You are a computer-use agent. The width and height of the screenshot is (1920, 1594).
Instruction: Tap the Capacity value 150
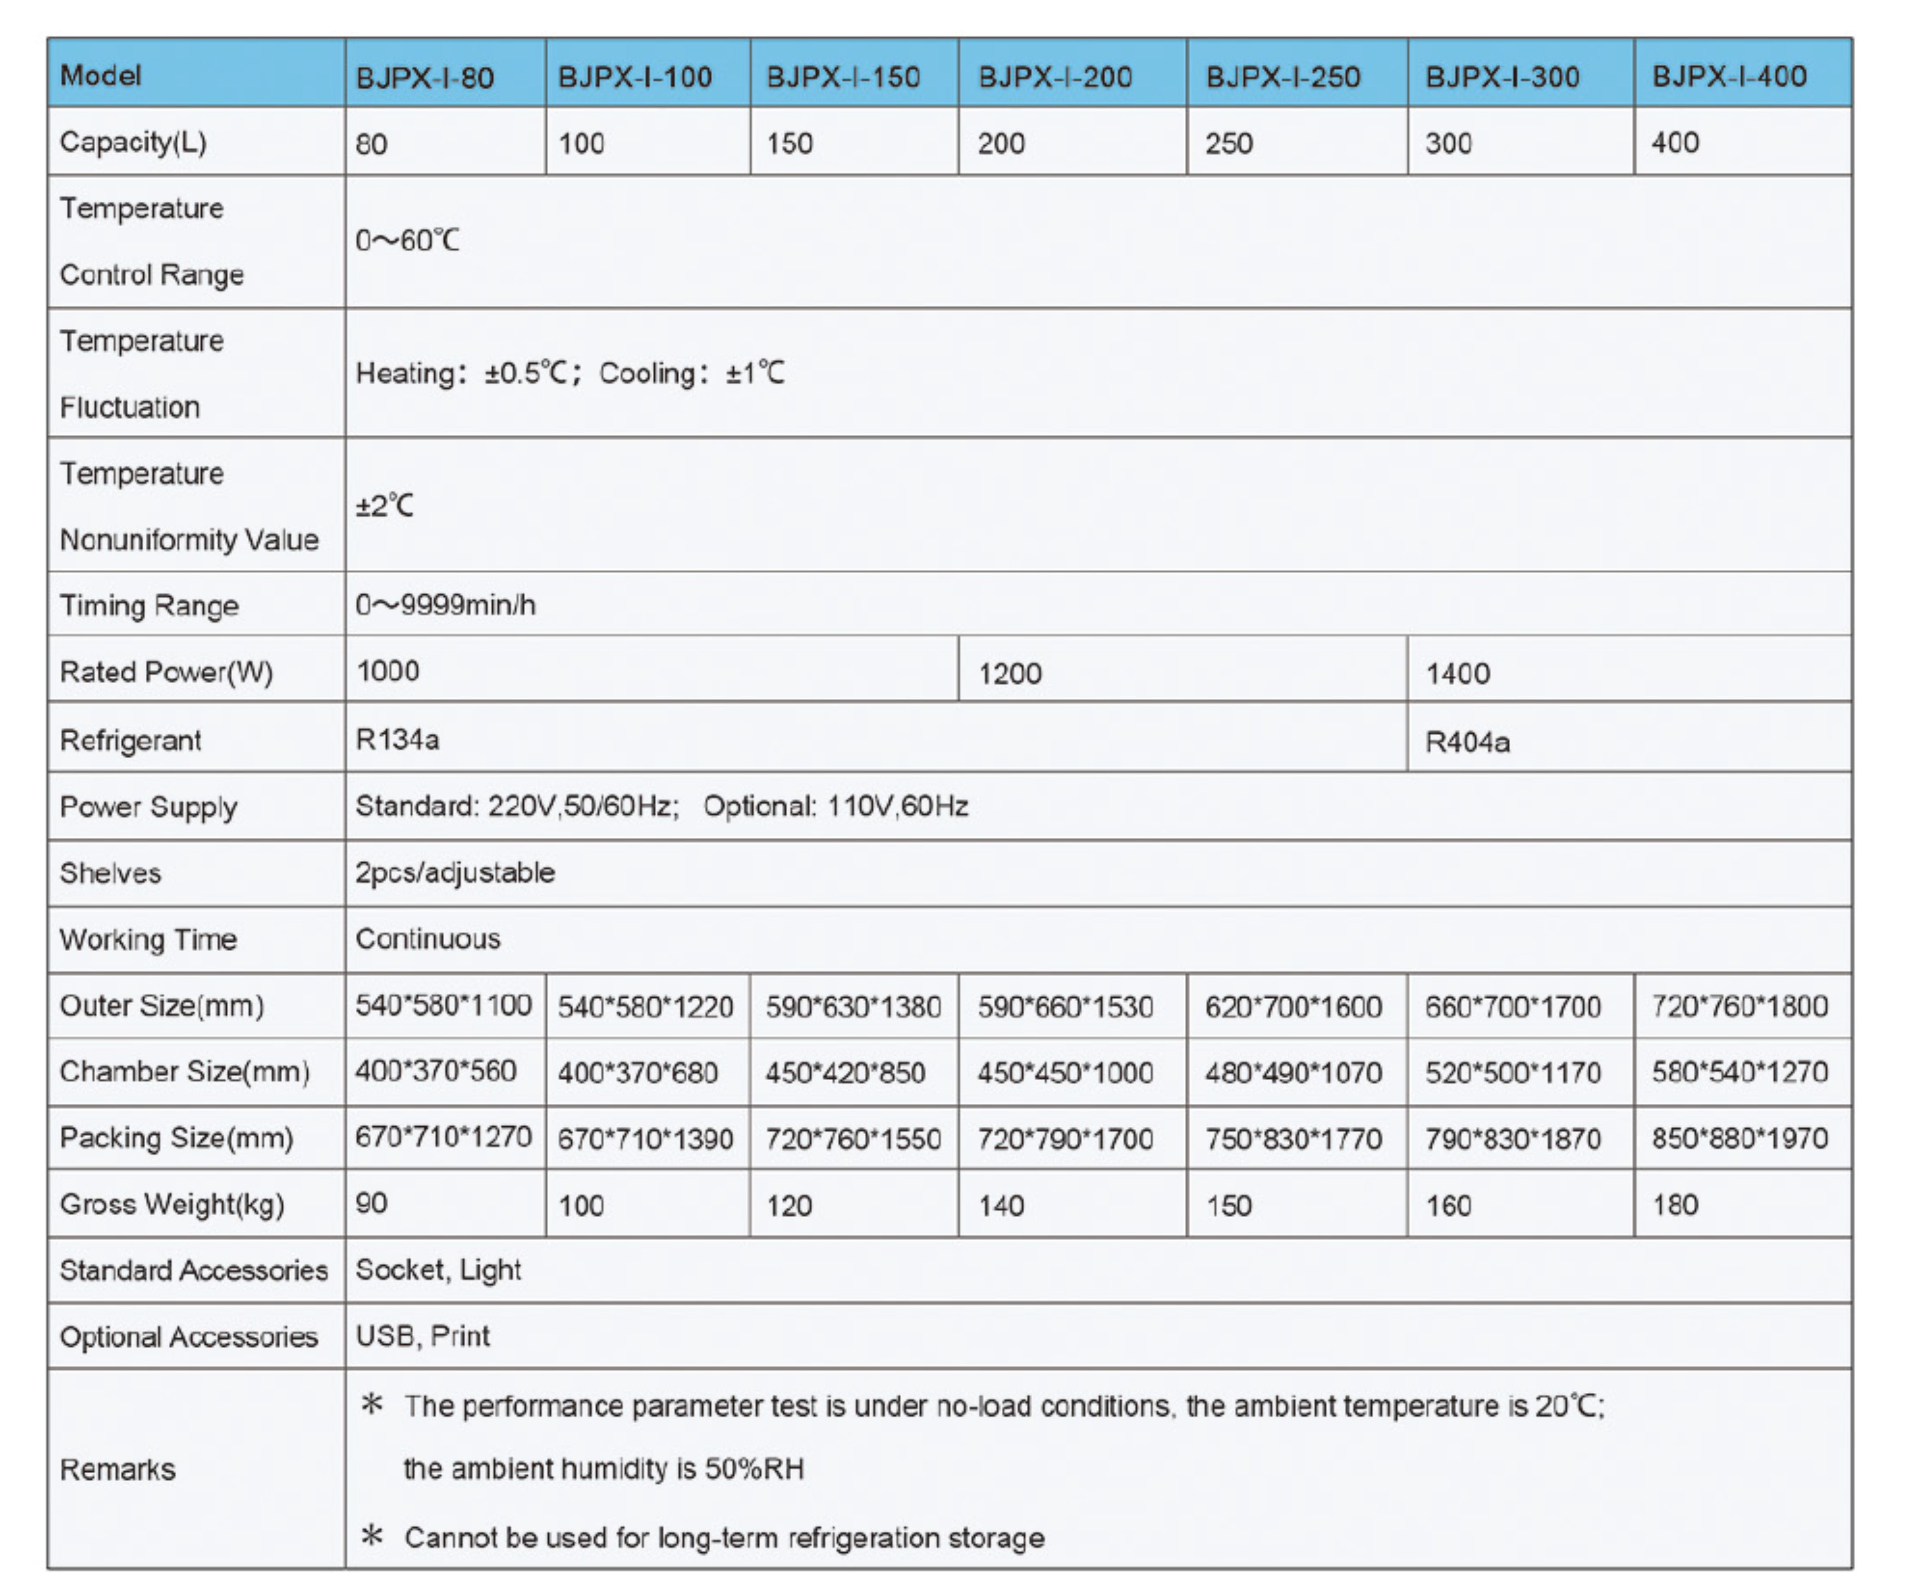(x=789, y=143)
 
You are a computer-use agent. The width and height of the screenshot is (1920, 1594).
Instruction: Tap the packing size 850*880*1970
(x=1739, y=1138)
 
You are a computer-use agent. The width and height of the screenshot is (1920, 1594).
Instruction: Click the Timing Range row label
(x=149, y=605)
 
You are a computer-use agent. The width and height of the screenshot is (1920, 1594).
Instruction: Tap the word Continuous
(x=428, y=939)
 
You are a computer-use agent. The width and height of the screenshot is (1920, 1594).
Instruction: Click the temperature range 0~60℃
(x=407, y=241)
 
